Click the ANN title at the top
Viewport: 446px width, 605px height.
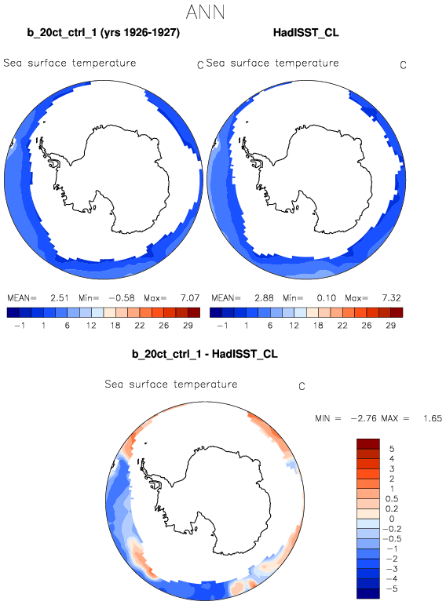coord(205,13)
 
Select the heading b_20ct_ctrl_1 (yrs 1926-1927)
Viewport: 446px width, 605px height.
coord(104,33)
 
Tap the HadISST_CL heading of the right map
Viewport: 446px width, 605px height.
coord(305,33)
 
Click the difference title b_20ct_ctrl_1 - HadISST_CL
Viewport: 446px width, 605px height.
coord(205,354)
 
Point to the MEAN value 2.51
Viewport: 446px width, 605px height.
coord(60,298)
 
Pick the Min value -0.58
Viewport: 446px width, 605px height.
coord(122,298)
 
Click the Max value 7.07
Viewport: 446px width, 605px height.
coord(190,298)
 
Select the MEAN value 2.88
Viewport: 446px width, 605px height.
coord(264,298)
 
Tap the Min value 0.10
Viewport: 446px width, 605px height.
coord(327,298)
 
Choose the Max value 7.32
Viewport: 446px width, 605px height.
coord(392,298)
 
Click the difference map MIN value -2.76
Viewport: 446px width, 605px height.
coord(364,418)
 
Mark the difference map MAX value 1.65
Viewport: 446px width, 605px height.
coord(433,418)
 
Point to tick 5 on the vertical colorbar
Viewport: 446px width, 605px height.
coord(392,449)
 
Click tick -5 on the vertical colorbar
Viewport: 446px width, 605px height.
coord(392,589)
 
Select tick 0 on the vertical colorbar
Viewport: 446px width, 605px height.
coord(392,519)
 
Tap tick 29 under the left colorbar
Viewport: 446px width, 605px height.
coord(188,326)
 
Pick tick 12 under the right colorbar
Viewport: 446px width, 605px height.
coord(294,326)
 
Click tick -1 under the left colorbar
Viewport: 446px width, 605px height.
coord(20,326)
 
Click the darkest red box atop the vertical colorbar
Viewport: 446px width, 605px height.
coord(368,443)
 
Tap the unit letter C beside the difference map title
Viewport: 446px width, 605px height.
coord(302,386)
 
